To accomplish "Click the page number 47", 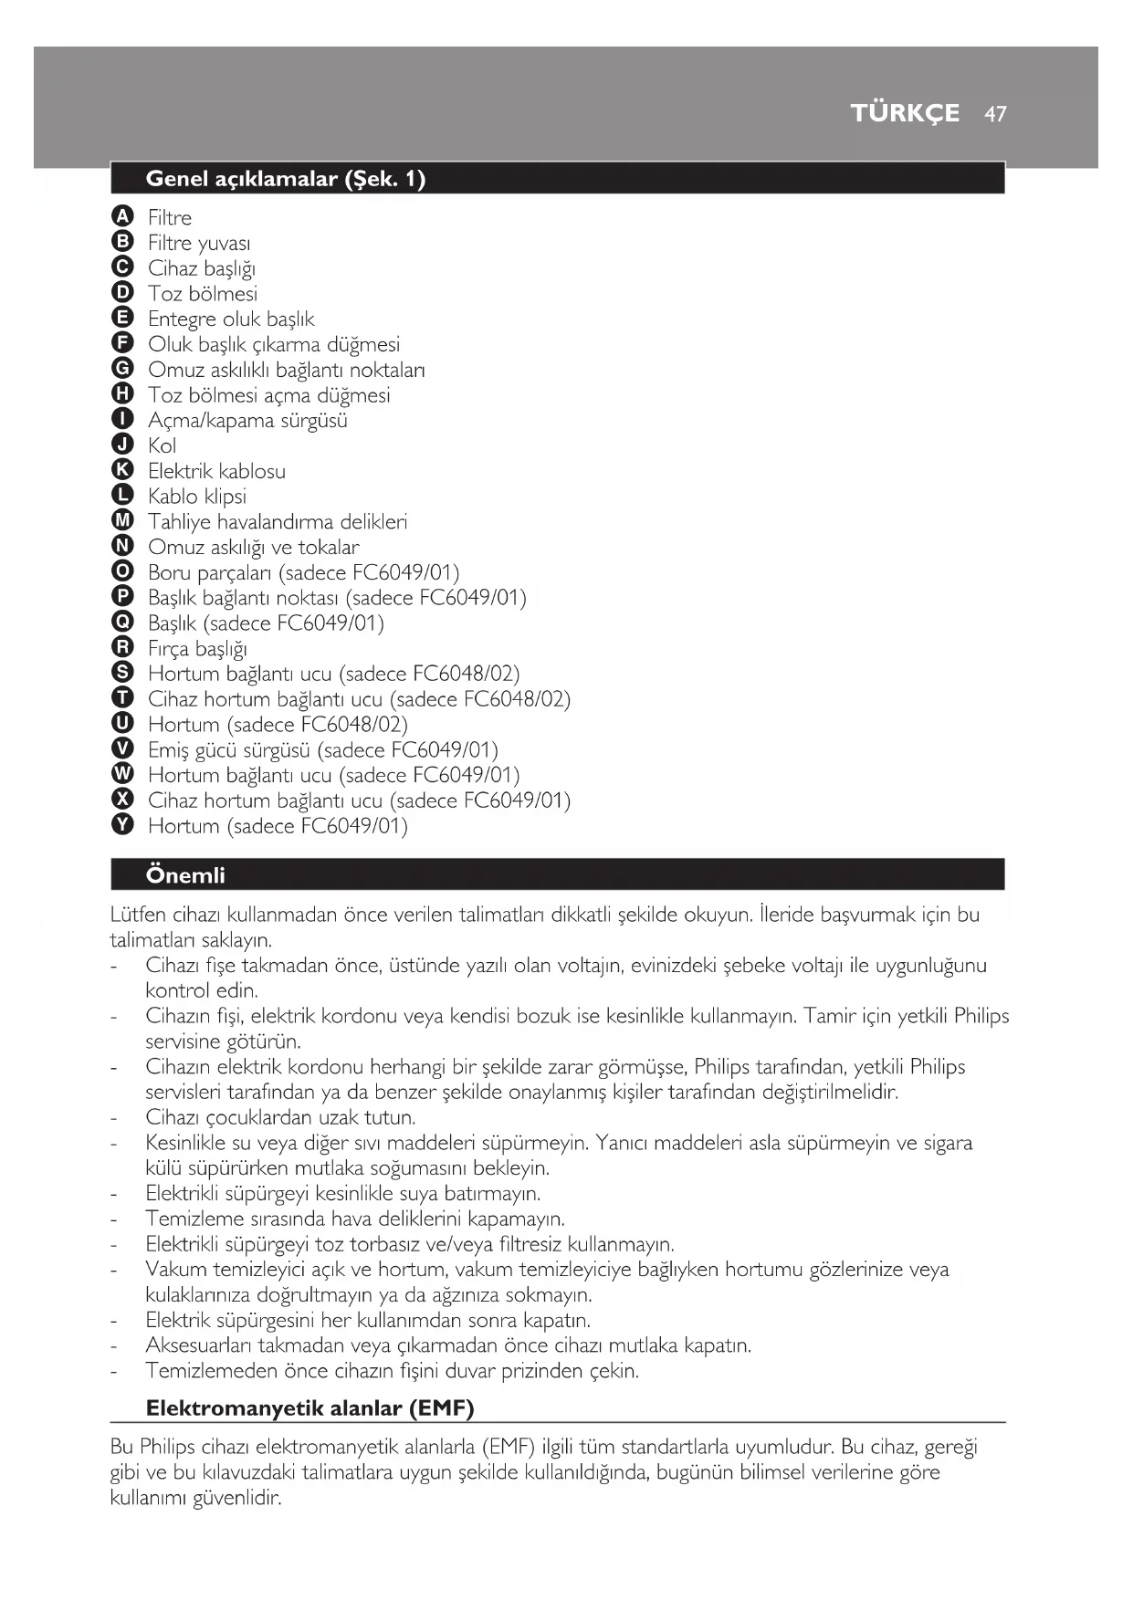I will coord(995,113).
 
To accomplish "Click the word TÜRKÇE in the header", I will coord(905,113).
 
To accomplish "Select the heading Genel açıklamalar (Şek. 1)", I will coord(285,179).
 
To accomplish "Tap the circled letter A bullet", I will coord(121,216).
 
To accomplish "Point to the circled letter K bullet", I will coord(121,470).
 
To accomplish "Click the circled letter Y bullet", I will coord(121,825).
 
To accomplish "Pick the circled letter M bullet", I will coord(121,521).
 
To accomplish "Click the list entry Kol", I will coord(162,445).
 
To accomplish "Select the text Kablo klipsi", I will coord(197,497).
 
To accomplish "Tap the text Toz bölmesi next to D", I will coord(203,294).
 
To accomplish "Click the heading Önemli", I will coord(185,875).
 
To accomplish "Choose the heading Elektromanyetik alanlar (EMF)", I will coord(309,1408).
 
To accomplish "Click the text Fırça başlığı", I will coord(197,649).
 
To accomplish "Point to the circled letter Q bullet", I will coord(121,623).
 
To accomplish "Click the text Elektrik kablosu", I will coord(216,471).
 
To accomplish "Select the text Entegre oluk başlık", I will coord(231,319).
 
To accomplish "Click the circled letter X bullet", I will coord(121,800).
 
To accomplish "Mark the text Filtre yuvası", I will coord(199,243).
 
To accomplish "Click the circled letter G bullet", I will coord(121,369).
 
